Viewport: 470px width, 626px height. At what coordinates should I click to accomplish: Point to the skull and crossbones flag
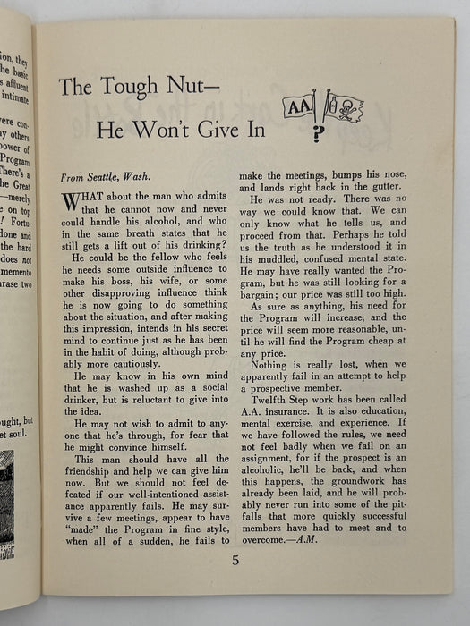[342, 106]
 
